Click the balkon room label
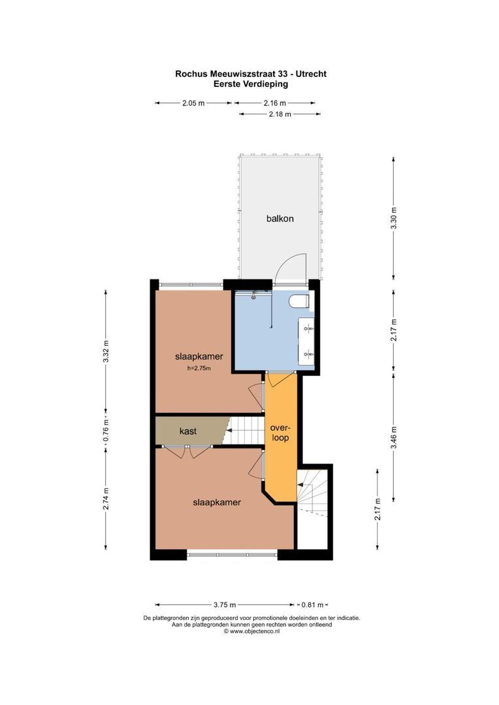tap(280, 219)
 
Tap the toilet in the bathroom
tap(300, 302)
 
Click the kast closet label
tap(188, 431)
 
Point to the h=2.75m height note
tap(199, 369)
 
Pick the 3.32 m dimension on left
tap(106, 353)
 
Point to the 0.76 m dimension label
tap(106, 431)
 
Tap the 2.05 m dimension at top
tap(193, 103)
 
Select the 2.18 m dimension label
tap(280, 114)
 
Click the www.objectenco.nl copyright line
tap(251, 631)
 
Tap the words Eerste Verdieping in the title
tap(251, 84)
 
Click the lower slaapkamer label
tap(217, 503)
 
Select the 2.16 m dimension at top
tap(274, 103)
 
